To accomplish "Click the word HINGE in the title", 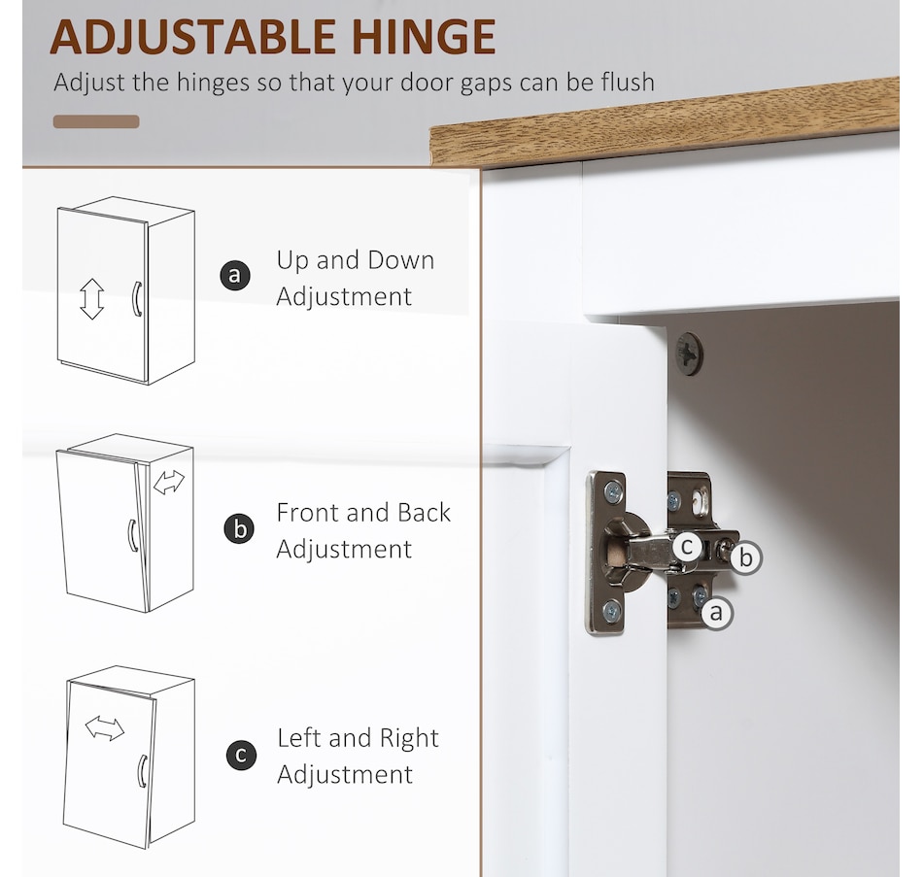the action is pyautogui.click(x=424, y=37).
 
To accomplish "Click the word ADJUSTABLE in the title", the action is pyautogui.click(x=192, y=37).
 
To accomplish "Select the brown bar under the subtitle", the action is pyautogui.click(x=96, y=121).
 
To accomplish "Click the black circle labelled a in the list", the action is pyautogui.click(x=235, y=276).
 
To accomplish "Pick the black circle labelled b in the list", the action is pyautogui.click(x=240, y=528).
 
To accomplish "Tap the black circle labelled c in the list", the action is pyautogui.click(x=241, y=756).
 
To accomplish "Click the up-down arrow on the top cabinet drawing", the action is pyautogui.click(x=92, y=299).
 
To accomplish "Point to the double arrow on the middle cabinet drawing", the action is pyautogui.click(x=169, y=482).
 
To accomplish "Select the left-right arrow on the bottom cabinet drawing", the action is pyautogui.click(x=105, y=728).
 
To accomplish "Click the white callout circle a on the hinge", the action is pyautogui.click(x=716, y=613).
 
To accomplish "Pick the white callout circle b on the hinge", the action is pyautogui.click(x=746, y=557).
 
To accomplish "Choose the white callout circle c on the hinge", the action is pyautogui.click(x=687, y=547).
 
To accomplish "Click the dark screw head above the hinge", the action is pyautogui.click(x=689, y=354).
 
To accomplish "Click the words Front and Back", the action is pyautogui.click(x=363, y=513).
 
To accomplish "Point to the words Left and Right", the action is pyautogui.click(x=358, y=738).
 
